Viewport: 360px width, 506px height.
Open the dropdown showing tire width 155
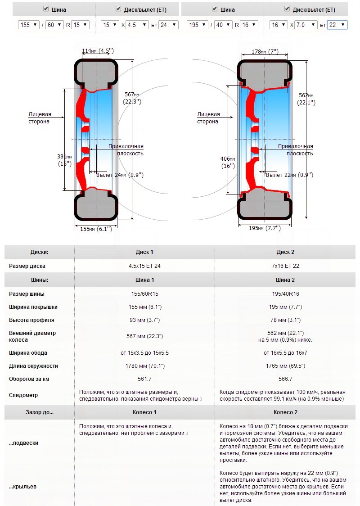click(x=29, y=25)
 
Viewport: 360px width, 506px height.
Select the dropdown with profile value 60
click(x=55, y=25)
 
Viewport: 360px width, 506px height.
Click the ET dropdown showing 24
click(x=168, y=25)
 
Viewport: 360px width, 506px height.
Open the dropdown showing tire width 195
click(x=198, y=25)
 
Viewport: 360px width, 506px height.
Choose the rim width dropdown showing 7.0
click(x=306, y=25)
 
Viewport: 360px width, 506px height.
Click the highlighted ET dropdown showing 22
click(x=337, y=25)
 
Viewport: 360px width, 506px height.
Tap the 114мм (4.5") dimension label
click(x=98, y=51)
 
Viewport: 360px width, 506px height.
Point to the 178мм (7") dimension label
click(x=265, y=52)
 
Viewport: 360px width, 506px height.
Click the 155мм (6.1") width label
click(x=96, y=229)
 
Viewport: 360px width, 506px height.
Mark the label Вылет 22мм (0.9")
click(x=289, y=175)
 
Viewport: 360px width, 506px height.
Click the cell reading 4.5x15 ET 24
click(x=144, y=266)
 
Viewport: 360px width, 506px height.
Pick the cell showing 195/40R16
click(x=285, y=294)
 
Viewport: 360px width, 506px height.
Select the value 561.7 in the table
click(x=144, y=379)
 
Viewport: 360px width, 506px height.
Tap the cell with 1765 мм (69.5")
click(x=285, y=366)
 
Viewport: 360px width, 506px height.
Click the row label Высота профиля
click(x=31, y=320)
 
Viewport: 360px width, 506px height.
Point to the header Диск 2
click(x=285, y=252)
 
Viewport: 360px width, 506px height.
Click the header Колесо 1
click(x=144, y=412)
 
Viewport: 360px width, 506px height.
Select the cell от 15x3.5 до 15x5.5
click(x=144, y=353)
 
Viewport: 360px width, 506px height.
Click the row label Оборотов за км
click(x=29, y=379)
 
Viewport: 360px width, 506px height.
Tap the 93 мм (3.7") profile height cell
click(x=144, y=320)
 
